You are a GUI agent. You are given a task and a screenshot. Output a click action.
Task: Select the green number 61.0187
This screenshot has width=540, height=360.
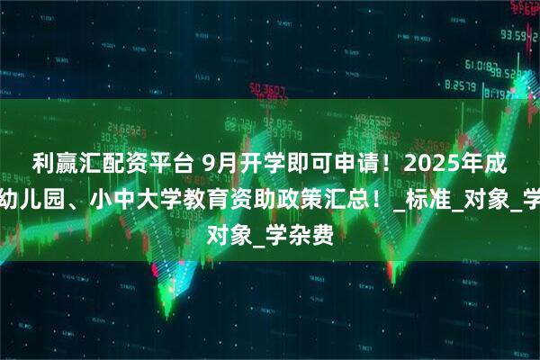[483, 66]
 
